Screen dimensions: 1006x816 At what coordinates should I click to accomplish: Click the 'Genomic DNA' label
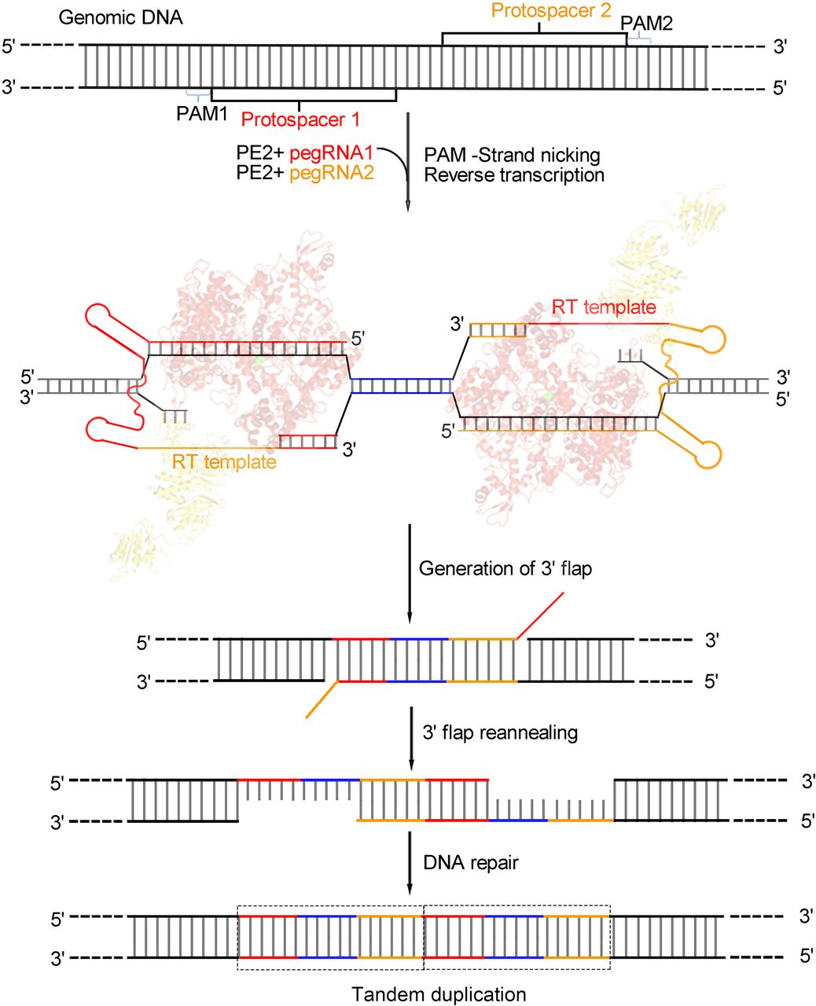pyautogui.click(x=120, y=17)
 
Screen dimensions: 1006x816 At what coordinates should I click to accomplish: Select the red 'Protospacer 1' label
pyautogui.click(x=300, y=119)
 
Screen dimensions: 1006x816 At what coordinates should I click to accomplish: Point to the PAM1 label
pyautogui.click(x=201, y=114)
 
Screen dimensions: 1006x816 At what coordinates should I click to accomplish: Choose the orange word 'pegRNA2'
pyautogui.click(x=332, y=174)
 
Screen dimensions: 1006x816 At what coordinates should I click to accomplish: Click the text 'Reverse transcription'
pyautogui.click(x=514, y=174)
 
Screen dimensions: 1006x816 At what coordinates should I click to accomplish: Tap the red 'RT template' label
pyautogui.click(x=604, y=307)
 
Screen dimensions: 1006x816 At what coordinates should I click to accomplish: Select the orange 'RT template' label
pyautogui.click(x=224, y=461)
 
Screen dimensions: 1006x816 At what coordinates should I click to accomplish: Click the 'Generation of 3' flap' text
pyautogui.click(x=505, y=568)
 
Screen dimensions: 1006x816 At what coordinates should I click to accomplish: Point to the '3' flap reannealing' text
pyautogui.click(x=500, y=732)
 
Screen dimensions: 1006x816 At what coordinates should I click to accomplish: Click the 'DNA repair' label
pyautogui.click(x=471, y=863)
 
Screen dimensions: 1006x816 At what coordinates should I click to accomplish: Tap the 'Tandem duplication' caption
pyautogui.click(x=439, y=994)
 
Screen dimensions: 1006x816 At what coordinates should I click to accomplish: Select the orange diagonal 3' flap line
pyautogui.click(x=322, y=699)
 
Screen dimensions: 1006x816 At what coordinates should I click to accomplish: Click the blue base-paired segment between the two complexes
pyautogui.click(x=402, y=385)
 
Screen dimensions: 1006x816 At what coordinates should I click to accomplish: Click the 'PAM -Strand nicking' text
pyautogui.click(x=512, y=154)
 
